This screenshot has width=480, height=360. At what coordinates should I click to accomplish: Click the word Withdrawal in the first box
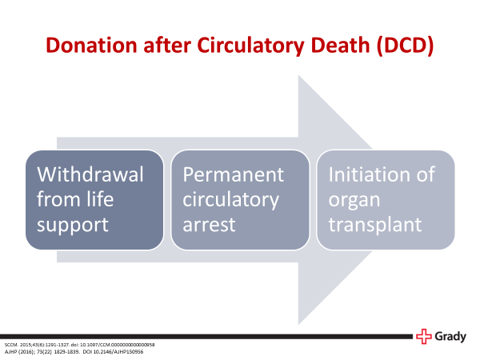click(90, 174)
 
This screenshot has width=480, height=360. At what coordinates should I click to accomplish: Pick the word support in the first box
click(74, 224)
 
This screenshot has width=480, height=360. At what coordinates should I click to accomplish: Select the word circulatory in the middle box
click(231, 199)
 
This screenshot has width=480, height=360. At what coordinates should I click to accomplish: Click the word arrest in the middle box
click(210, 224)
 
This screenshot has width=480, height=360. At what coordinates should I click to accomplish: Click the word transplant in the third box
click(374, 224)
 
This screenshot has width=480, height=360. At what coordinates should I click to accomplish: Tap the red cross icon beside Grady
click(423, 337)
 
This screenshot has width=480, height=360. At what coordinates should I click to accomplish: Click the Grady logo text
click(450, 338)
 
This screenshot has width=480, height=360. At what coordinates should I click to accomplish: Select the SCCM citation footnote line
click(79, 344)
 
